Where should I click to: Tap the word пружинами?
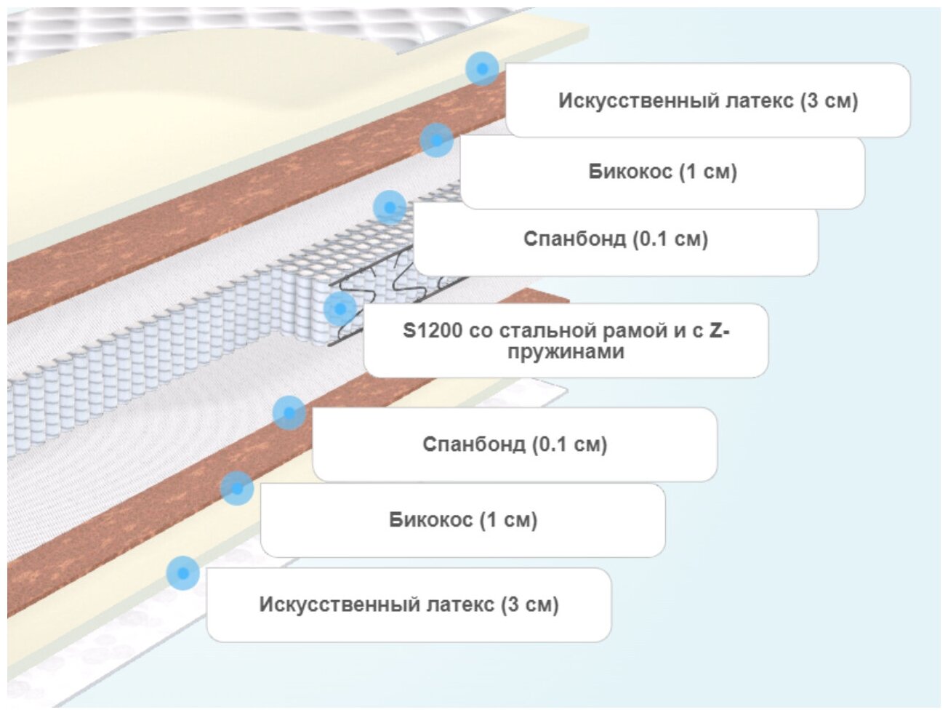point(566,352)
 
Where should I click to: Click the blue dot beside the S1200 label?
point(340,308)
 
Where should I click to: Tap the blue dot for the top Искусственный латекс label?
point(482,68)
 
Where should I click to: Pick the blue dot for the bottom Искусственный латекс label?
point(182,573)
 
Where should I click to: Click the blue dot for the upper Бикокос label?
point(436,140)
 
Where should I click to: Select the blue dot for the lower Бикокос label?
point(237,487)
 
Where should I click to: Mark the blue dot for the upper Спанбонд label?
point(390,207)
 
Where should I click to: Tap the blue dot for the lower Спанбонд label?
point(289,413)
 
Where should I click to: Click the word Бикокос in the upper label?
point(630,172)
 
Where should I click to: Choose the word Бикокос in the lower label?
point(430,520)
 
